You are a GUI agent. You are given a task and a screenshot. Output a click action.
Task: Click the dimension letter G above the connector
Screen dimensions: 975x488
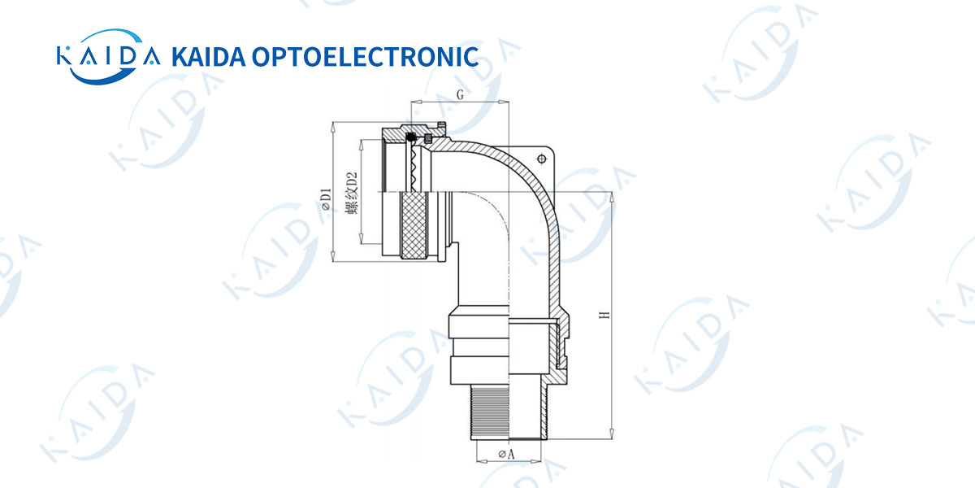pyautogui.click(x=460, y=94)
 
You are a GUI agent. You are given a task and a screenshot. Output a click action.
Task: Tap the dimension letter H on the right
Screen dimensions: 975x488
pyautogui.click(x=604, y=315)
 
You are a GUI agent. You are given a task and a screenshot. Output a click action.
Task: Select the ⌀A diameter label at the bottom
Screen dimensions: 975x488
pyautogui.click(x=507, y=454)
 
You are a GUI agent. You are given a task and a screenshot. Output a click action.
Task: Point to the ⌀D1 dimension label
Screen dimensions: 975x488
pyautogui.click(x=326, y=199)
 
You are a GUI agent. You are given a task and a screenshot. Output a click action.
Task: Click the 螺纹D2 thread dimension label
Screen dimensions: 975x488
pyautogui.click(x=352, y=193)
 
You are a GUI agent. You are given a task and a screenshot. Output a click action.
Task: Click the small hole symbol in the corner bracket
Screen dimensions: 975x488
pyautogui.click(x=541, y=159)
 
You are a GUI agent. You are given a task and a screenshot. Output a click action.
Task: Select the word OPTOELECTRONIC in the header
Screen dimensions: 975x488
pyautogui.click(x=365, y=57)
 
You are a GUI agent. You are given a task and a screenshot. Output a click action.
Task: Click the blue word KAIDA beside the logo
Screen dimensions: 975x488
pyautogui.click(x=209, y=57)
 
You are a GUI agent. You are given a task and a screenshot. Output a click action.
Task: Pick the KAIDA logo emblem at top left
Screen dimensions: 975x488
pyautogui.click(x=108, y=57)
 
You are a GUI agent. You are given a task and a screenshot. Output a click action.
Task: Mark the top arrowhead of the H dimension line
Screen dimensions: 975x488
pyautogui.click(x=612, y=197)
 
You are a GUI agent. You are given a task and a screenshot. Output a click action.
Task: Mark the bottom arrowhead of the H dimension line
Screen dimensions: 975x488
pyautogui.click(x=612, y=434)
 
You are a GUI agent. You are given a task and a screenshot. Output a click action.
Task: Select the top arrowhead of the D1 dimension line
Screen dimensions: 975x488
pyautogui.click(x=333, y=127)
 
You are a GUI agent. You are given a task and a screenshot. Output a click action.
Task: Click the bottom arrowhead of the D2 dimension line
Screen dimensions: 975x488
pyautogui.click(x=361, y=238)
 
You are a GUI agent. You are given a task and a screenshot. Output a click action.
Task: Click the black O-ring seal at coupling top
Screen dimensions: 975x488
pyautogui.click(x=410, y=137)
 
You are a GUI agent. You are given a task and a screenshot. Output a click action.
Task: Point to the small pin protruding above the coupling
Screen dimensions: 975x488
pyautogui.click(x=442, y=125)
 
